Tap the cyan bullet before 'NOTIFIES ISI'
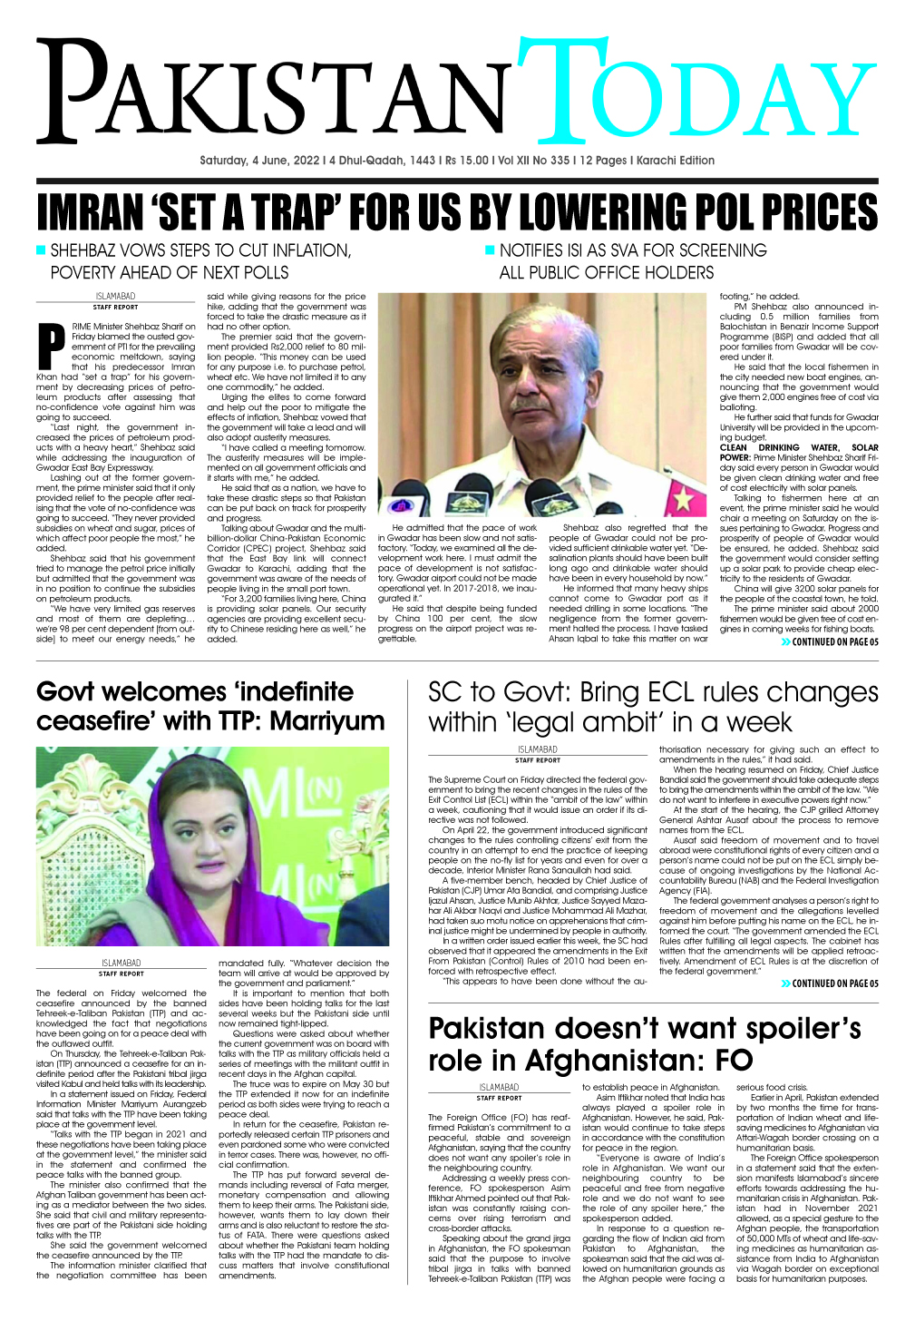(x=490, y=250)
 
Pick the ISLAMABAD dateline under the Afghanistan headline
(x=498, y=1087)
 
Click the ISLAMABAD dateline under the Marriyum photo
(x=122, y=964)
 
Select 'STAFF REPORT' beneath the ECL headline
(x=537, y=760)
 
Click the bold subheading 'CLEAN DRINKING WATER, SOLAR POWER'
(x=798, y=452)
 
